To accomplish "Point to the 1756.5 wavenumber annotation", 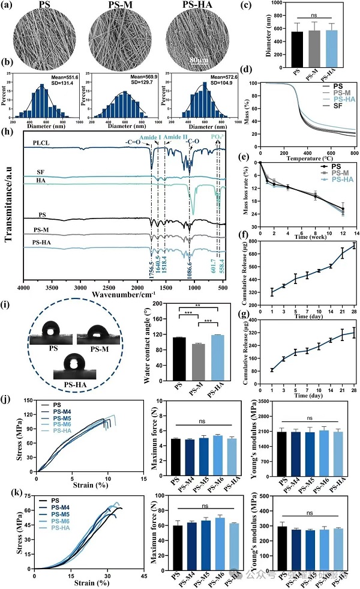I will pyautogui.click(x=152, y=264).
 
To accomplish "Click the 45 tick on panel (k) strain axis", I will pyautogui.click(x=145, y=574).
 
